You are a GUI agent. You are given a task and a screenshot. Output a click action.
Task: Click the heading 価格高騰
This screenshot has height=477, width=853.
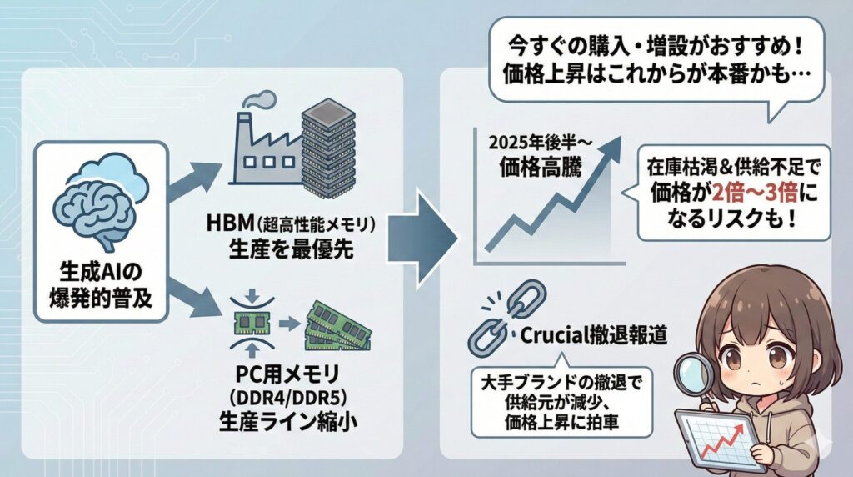542,164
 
